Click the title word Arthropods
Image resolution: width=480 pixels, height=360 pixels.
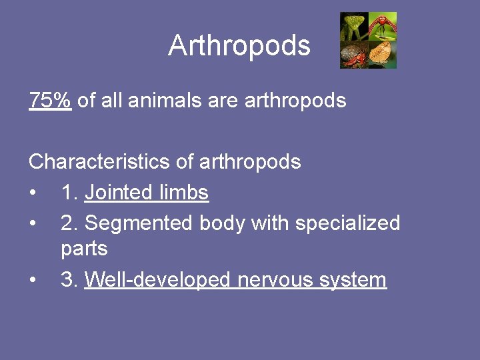(239, 46)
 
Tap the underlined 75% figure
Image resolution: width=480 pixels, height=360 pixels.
(50, 101)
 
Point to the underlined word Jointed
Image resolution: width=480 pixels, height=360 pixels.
(119, 193)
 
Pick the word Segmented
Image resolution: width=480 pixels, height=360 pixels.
(139, 223)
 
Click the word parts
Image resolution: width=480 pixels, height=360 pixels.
(84, 249)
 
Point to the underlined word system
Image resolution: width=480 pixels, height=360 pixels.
(353, 280)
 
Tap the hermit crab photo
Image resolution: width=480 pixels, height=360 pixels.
(354, 55)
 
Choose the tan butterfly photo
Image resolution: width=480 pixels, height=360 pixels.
(383, 55)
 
